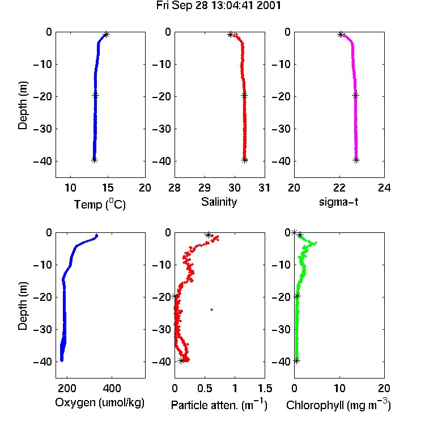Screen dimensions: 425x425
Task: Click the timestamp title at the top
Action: point(219,6)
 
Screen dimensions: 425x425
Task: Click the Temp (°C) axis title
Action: point(100,204)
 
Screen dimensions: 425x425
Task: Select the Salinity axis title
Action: point(219,202)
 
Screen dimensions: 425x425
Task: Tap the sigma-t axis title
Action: point(338,202)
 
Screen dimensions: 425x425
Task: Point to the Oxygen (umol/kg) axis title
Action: point(100,402)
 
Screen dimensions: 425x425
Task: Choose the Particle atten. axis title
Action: point(219,405)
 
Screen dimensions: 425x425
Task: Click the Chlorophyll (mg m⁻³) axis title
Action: point(338,405)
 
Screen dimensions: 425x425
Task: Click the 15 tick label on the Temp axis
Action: point(108,188)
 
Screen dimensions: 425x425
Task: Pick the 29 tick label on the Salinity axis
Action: point(205,188)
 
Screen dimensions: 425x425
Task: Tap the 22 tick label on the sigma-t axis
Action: point(339,188)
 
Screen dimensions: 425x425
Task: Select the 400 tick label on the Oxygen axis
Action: point(112,388)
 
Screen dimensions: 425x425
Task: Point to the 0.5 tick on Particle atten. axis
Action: point(205,388)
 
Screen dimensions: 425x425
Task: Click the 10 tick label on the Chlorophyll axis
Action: point(339,388)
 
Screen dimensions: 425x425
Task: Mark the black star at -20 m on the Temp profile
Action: point(95,95)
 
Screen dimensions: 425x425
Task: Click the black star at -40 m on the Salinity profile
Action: point(244,160)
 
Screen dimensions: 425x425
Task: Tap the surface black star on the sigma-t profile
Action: point(341,35)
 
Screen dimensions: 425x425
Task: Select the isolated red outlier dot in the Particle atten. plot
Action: point(212,309)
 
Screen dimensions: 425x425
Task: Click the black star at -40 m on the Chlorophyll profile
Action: point(296,360)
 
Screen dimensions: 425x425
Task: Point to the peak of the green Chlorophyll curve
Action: point(315,243)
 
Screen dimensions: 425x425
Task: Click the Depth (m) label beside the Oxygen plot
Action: point(23,306)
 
